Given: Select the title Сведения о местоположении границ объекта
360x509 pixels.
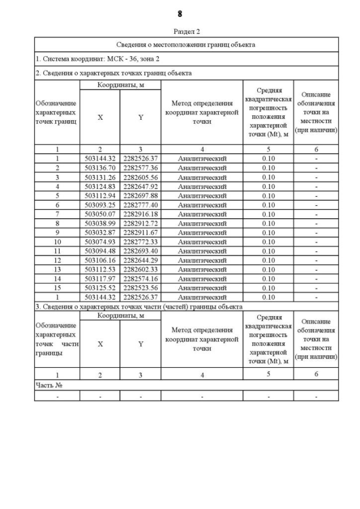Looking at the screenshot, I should click(186, 44).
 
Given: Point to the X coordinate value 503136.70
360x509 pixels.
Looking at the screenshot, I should click(100, 168).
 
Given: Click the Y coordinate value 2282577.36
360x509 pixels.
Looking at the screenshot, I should click(141, 168).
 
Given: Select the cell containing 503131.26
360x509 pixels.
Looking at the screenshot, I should click(100, 177).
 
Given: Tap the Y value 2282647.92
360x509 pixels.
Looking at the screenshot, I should click(141, 186).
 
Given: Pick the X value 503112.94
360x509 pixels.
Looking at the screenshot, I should click(100, 195).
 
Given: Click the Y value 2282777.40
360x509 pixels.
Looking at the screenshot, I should click(141, 205).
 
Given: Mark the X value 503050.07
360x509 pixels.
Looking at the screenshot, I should click(100, 214).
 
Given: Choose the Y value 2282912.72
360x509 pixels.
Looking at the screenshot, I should click(141, 223).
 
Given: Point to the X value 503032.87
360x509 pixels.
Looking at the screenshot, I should click(100, 232).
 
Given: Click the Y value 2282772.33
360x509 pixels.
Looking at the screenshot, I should click(141, 241).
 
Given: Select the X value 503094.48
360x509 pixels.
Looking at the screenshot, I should click(100, 251).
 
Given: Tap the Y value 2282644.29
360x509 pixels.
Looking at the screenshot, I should click(141, 260).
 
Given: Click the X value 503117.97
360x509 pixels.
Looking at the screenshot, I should click(100, 278).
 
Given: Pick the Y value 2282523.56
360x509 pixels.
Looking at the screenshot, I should click(141, 287).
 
